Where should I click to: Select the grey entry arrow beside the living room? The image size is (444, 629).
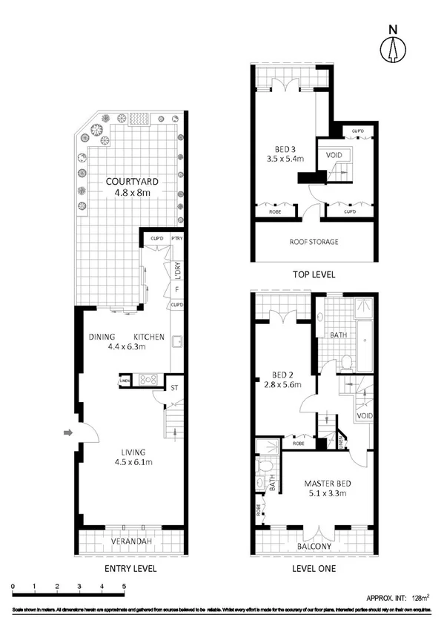69,432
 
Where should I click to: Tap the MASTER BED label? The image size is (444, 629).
328,484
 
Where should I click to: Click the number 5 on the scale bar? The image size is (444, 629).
124,586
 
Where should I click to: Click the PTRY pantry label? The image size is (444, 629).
176,238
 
